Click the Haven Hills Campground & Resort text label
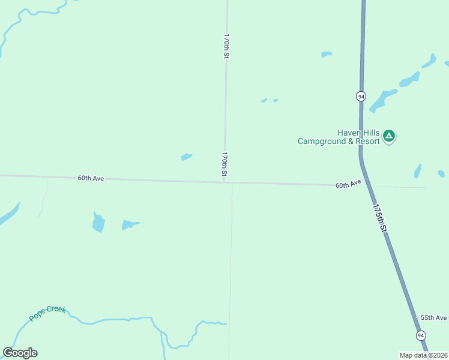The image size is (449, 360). [x=339, y=137]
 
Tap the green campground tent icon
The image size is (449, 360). [x=389, y=136]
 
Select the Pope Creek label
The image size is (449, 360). [x=47, y=313]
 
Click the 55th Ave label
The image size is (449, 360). [x=433, y=317]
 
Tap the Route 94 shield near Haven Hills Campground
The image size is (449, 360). [x=360, y=96]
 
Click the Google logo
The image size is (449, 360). [x=20, y=353]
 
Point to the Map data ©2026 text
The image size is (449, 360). [x=424, y=355]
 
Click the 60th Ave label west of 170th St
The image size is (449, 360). [x=91, y=178]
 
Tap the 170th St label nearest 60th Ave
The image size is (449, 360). [x=224, y=164]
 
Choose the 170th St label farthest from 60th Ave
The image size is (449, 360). [x=226, y=46]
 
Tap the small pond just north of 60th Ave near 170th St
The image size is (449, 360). [x=187, y=157]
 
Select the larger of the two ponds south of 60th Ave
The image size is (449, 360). [x=98, y=223]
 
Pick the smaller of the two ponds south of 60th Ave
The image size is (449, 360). [x=130, y=225]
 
